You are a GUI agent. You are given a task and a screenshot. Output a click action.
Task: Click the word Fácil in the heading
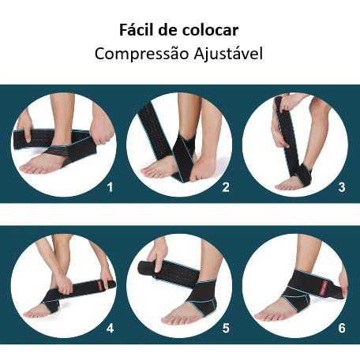pos(136,30)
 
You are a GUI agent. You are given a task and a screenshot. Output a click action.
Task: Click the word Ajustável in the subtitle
pos(225,54)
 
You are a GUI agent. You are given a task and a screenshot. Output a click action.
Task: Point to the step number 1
pos(110,187)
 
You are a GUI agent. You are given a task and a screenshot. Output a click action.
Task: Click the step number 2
pos(226,187)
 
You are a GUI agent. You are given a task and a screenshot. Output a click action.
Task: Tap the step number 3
pos(341,187)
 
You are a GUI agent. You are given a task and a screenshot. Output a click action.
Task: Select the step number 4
pos(110,327)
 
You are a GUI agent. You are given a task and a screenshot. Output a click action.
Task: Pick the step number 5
pos(226,327)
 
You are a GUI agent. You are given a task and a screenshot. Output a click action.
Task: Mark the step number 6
pos(341,327)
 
